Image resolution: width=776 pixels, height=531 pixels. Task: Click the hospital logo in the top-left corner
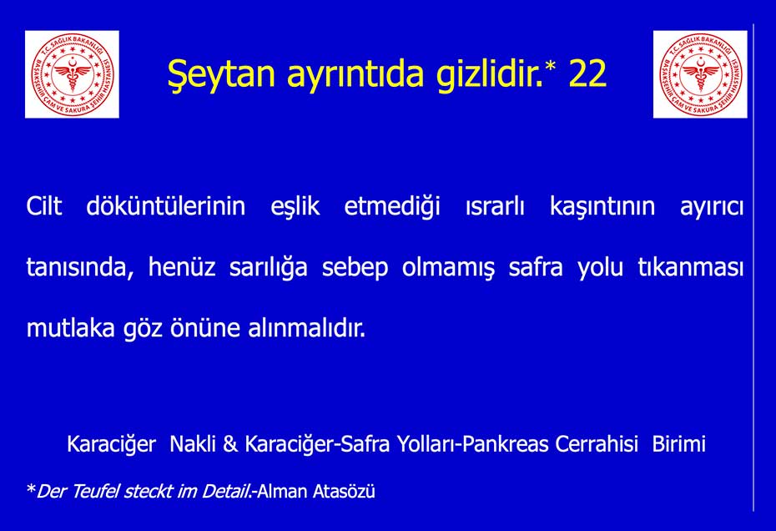pos(72,74)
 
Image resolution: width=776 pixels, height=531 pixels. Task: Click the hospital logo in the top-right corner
pos(700,74)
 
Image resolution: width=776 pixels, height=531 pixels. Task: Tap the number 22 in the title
pos(588,73)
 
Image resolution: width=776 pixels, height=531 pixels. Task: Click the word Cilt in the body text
pos(44,206)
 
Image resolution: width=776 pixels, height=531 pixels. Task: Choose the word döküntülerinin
pos(166,206)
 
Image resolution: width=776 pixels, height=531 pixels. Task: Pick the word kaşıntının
pos(602,207)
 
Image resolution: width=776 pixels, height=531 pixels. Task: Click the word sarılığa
pos(268,268)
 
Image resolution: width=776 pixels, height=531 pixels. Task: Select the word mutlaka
pos(70,328)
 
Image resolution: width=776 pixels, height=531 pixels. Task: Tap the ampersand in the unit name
pos(230,444)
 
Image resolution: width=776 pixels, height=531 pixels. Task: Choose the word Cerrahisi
pos(597,444)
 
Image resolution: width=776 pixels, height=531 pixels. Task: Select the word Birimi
pos(679,444)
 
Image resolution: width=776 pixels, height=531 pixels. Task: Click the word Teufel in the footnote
pos(95,492)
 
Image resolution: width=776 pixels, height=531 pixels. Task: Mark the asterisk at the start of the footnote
pos(31,489)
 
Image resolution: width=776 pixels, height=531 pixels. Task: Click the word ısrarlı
pos(495,206)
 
